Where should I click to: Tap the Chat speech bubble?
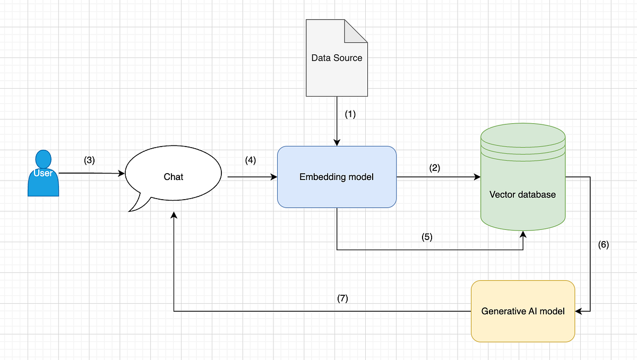pos(173,176)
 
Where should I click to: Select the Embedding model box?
pos(337,177)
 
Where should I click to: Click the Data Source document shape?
pos(337,58)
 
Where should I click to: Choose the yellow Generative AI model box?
pos(523,311)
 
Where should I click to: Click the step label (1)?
pos(350,114)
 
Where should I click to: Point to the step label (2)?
pos(435,168)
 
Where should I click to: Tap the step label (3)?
pos(89,160)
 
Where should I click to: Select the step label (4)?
pos(250,160)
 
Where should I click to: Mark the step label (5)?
pos(427,237)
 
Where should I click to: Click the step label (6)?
pos(604,245)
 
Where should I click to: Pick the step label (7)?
pos(342,298)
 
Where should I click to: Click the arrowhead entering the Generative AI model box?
pos(579,311)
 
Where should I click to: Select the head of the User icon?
pos(43,158)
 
